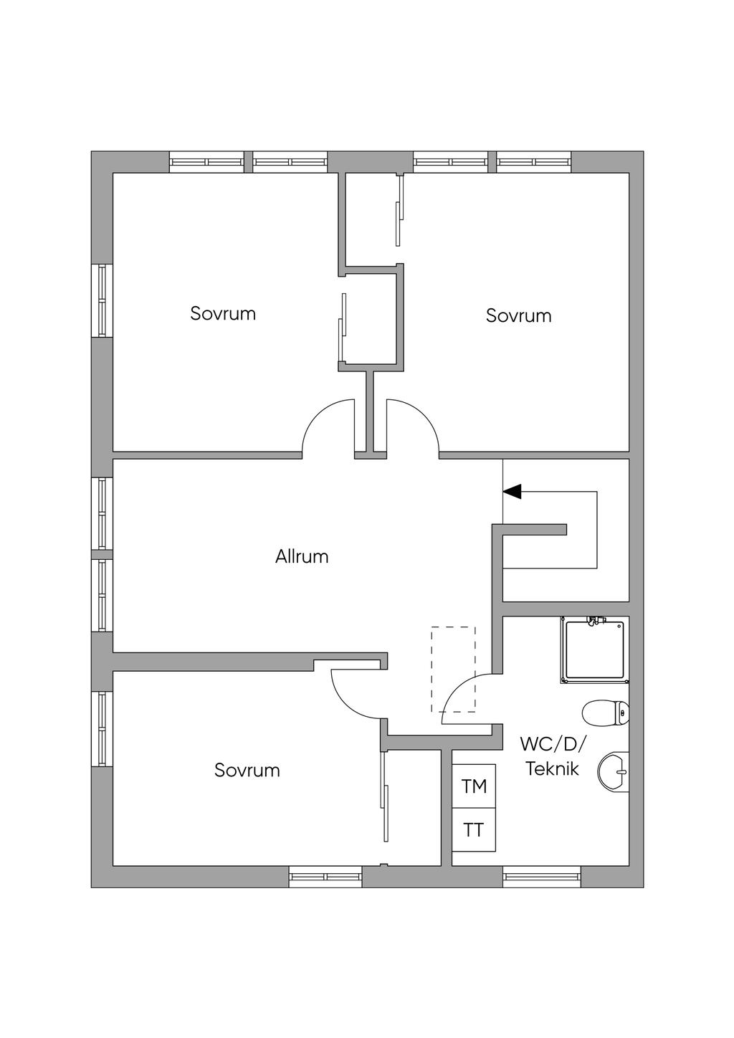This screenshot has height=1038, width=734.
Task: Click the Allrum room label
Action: point(302,556)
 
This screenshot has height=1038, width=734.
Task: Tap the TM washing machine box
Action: point(474,786)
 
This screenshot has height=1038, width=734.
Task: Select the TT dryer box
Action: point(474,829)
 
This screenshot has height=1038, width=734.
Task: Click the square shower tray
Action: point(595,650)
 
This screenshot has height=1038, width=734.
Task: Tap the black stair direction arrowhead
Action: point(512,491)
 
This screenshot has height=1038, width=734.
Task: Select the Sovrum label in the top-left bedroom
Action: point(223,314)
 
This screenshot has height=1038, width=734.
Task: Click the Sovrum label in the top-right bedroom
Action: point(518,316)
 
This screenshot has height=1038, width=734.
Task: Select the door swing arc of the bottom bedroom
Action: point(347,705)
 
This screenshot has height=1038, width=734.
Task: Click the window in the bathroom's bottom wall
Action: point(542,876)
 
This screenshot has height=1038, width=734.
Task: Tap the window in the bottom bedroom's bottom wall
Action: point(326,876)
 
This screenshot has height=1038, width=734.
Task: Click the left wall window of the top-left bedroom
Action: point(102,300)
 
